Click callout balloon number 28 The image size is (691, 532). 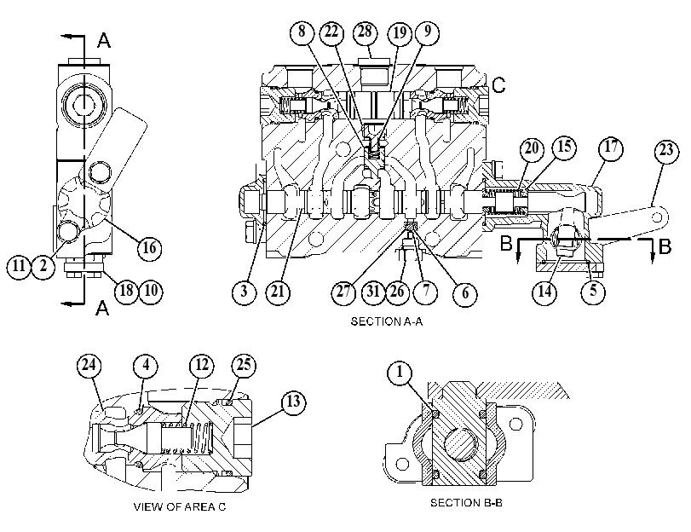366,32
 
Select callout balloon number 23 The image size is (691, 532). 666,150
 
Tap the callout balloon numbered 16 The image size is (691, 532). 149,248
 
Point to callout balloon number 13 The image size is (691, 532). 293,402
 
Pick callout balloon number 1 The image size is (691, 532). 400,373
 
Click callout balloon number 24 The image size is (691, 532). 89,366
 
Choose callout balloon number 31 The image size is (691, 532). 373,292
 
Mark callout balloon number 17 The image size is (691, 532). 611,147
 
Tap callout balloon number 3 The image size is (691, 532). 245,292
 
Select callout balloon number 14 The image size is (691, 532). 544,292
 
